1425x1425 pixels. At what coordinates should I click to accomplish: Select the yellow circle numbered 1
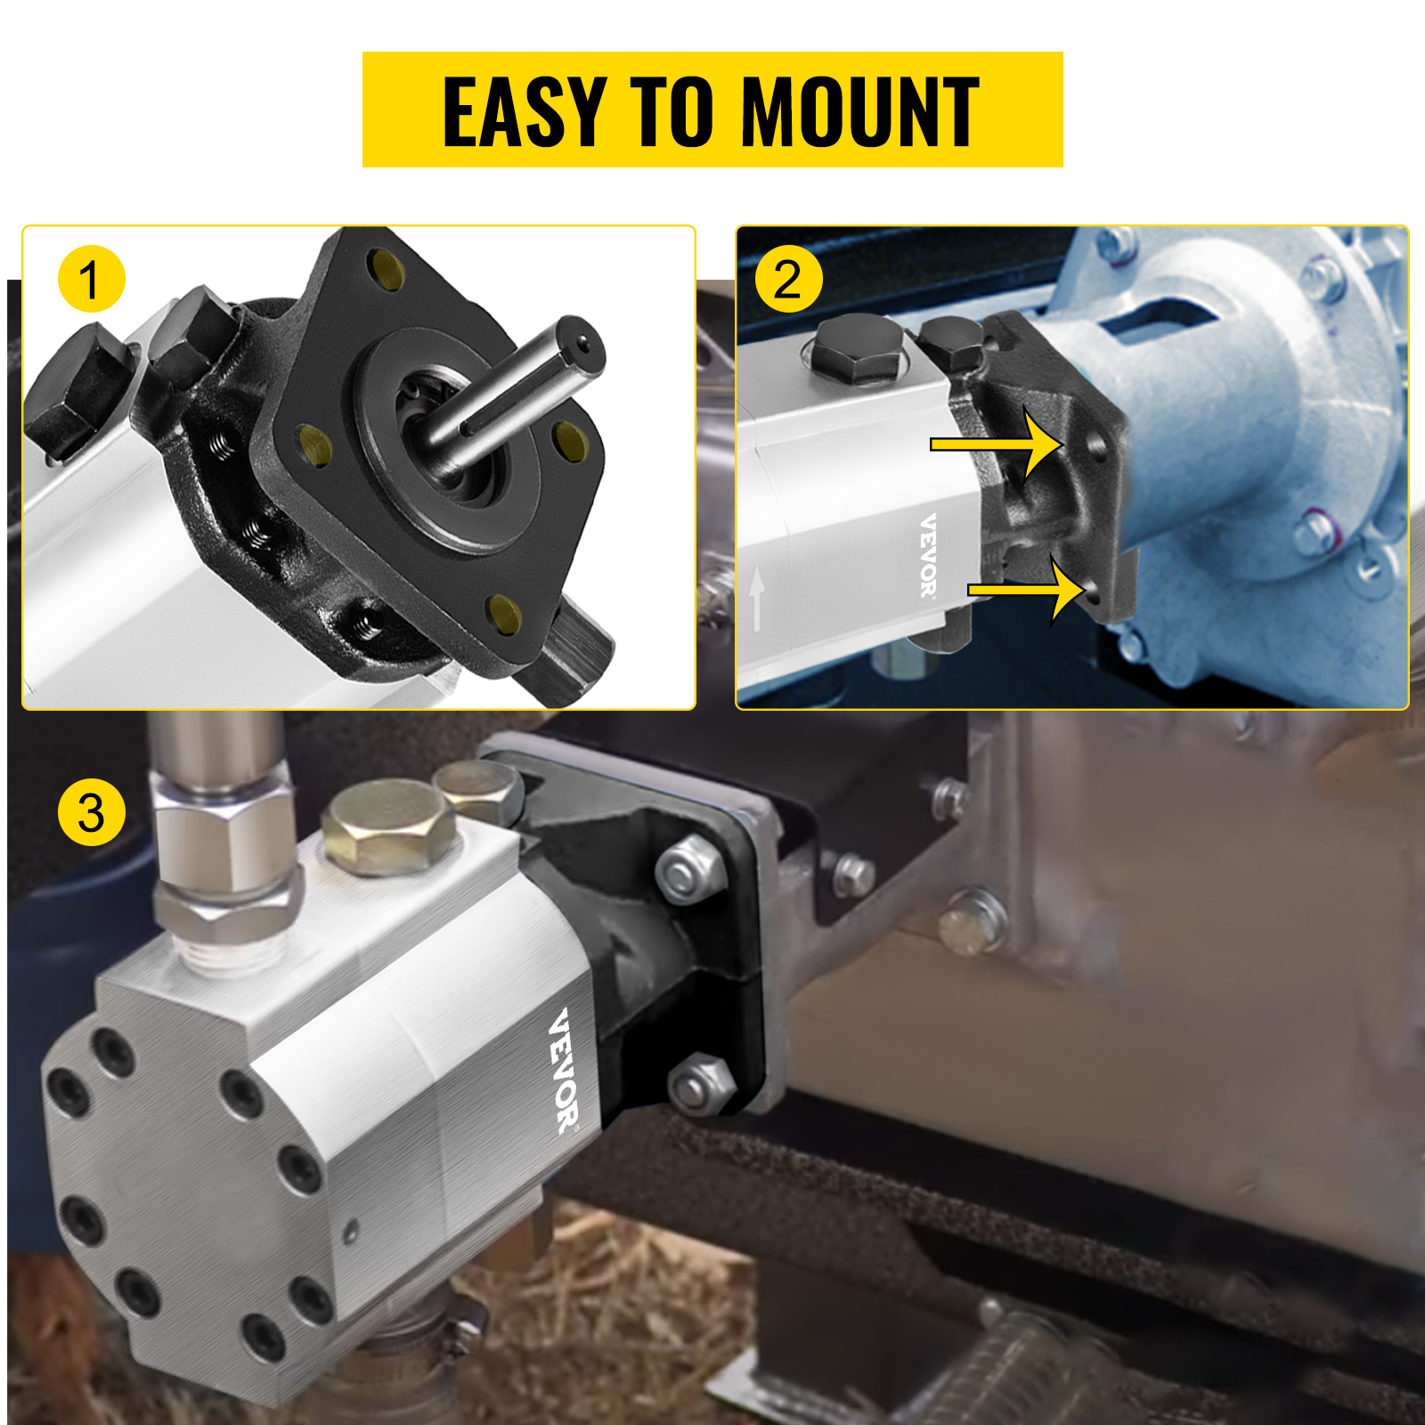(x=91, y=280)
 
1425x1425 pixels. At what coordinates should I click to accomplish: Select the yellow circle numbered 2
(x=788, y=280)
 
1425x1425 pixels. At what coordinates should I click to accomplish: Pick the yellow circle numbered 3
(x=91, y=812)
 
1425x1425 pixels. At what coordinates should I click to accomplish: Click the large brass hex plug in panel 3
(x=390, y=828)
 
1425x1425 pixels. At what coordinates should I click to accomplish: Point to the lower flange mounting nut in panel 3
(x=702, y=1085)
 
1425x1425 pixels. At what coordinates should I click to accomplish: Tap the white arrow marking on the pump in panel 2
(x=757, y=599)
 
